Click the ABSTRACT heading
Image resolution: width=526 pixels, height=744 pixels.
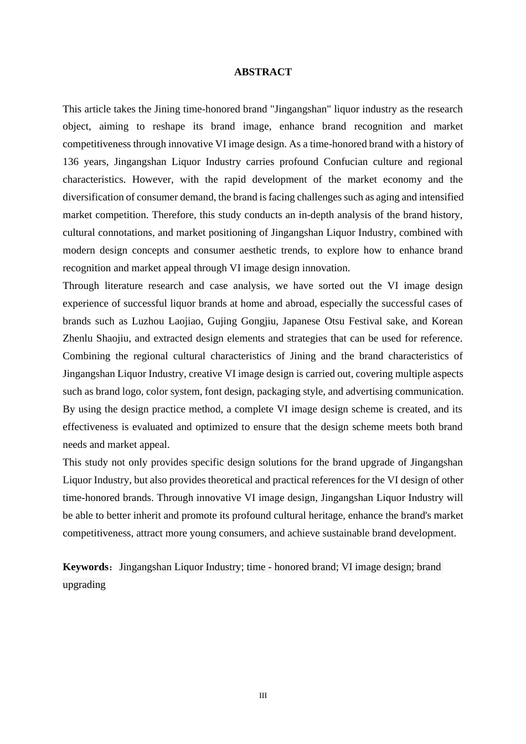[x=262, y=72]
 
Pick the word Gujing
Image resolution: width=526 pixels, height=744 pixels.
[x=222, y=321]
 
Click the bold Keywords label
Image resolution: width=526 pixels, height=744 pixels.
[x=86, y=567]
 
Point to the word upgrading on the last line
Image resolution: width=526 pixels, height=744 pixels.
[x=84, y=585]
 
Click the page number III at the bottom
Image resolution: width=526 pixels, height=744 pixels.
[x=263, y=696]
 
